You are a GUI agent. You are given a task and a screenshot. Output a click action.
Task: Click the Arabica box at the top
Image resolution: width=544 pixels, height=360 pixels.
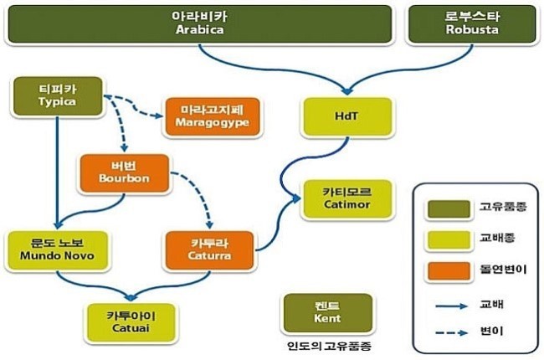click(x=201, y=23)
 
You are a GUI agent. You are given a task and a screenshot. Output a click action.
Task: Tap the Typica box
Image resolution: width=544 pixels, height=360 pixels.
click(x=57, y=96)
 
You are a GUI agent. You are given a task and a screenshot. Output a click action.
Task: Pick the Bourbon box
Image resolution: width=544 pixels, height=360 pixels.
click(x=124, y=172)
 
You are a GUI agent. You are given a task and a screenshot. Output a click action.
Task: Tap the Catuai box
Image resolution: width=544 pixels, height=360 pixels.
click(x=131, y=319)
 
